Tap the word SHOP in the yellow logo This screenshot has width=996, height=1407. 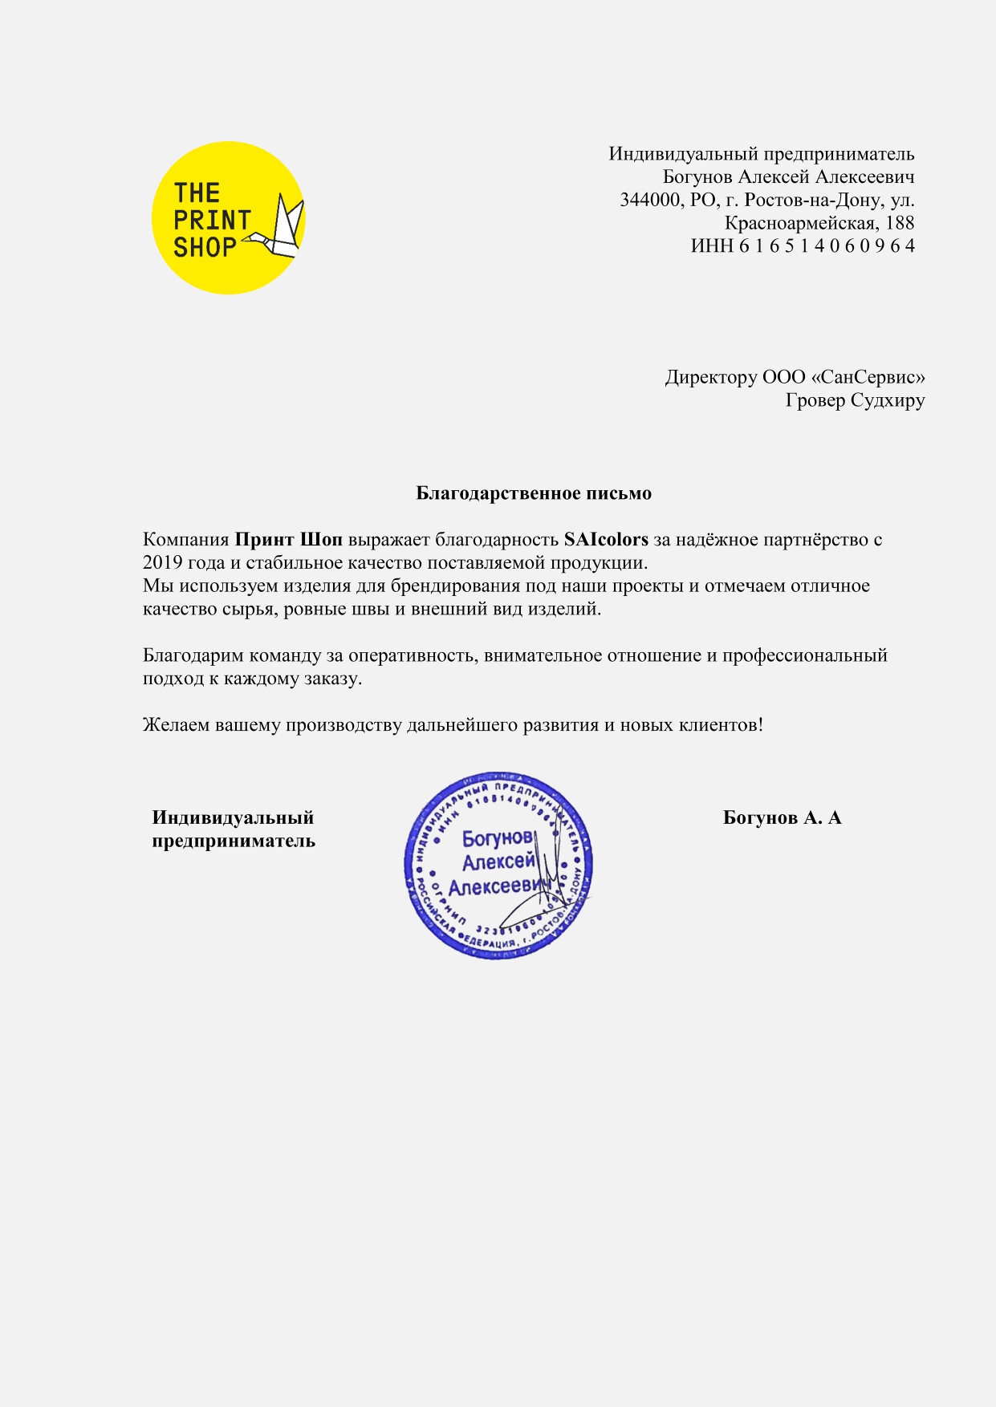click(205, 248)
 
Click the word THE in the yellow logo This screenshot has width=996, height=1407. click(197, 193)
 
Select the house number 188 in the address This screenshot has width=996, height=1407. click(900, 223)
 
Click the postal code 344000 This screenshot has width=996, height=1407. click(649, 200)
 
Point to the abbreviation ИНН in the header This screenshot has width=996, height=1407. click(712, 245)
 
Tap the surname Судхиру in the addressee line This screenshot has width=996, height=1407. click(888, 400)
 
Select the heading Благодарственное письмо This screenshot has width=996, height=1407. click(534, 493)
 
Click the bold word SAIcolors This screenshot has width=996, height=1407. click(606, 540)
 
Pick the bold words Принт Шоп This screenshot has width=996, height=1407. click(288, 540)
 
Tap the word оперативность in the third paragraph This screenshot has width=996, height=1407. click(413, 655)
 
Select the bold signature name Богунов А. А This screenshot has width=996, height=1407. click(782, 818)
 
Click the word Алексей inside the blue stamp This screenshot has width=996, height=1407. click(498, 862)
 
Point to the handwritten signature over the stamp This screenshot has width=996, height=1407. click(546, 890)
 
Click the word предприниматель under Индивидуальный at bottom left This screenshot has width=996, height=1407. click(234, 841)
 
